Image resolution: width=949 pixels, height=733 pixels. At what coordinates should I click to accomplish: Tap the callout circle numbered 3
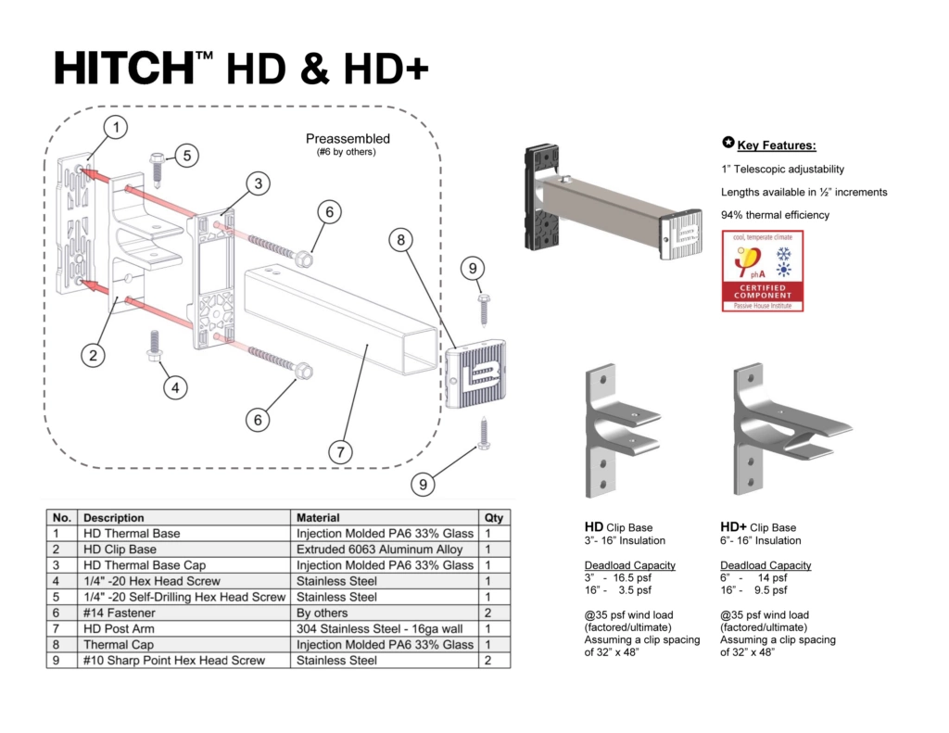click(x=259, y=184)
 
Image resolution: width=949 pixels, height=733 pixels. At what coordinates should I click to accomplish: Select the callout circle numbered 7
click(x=341, y=452)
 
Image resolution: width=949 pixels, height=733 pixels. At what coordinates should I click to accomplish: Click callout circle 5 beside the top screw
click(x=186, y=155)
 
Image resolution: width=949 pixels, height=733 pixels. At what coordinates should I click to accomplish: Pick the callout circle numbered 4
click(x=175, y=387)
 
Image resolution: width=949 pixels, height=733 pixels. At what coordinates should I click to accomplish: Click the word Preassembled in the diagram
click(x=348, y=139)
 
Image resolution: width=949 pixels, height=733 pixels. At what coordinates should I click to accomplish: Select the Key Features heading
click(x=777, y=145)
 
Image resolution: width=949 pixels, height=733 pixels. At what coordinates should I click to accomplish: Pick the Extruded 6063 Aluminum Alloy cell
click(x=379, y=550)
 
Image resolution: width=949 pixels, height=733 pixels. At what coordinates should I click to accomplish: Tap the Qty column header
click(x=493, y=518)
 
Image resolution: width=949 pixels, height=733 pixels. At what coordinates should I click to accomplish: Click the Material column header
click(x=318, y=518)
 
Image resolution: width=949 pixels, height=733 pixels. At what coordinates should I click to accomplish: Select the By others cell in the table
click(x=322, y=613)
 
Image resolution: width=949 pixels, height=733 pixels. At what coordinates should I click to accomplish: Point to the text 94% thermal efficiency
click(x=775, y=215)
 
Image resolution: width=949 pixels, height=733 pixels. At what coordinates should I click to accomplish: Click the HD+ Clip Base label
click(x=758, y=527)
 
